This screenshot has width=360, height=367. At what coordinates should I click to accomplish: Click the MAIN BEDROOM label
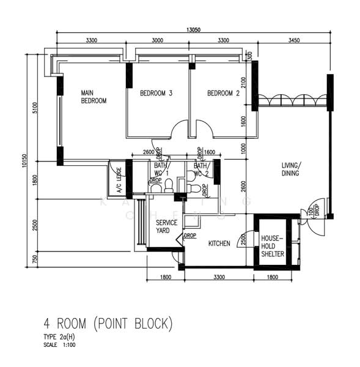94,97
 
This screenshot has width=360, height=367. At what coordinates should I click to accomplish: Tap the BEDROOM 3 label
156,94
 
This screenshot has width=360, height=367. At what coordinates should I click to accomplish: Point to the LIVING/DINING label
290,169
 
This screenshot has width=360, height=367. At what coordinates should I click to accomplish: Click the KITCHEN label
219,243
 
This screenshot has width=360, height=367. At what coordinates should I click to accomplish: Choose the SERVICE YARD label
166,227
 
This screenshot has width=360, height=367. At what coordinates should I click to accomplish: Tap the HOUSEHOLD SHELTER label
273,246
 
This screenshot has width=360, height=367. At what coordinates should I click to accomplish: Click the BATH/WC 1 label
161,169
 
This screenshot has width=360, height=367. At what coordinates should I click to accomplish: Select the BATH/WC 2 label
201,169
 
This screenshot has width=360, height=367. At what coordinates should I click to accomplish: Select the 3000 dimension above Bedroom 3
157,40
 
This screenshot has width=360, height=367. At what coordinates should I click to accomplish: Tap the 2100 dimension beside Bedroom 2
243,81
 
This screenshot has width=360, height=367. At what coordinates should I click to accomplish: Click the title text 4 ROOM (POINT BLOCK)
108,322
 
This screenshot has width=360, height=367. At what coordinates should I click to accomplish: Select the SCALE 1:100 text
59,345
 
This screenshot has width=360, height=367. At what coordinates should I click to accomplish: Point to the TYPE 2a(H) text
59,337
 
